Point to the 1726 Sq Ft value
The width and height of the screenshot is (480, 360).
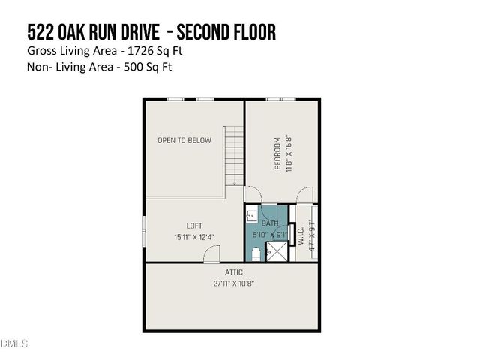pos(156,51)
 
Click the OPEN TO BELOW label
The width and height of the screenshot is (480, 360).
pos(184,140)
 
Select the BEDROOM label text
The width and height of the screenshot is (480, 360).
pos(277,153)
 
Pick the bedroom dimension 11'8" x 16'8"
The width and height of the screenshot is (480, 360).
pos(287,153)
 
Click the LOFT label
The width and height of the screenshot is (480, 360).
pos(194,225)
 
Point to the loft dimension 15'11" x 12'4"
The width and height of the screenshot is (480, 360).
pos(194,237)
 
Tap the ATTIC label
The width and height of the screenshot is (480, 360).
pos(233,272)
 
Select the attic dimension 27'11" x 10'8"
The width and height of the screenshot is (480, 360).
pos(233,283)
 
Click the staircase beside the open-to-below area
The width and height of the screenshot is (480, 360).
pos(235,156)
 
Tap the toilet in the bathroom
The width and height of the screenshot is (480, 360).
pos(255,252)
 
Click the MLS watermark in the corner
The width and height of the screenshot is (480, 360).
pos(14,343)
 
